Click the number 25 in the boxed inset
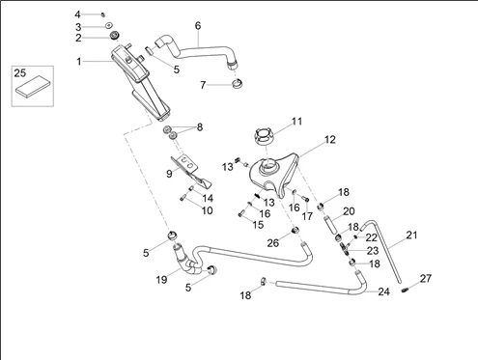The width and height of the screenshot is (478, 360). coord(19,73)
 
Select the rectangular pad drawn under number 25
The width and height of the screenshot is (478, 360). coord(33,86)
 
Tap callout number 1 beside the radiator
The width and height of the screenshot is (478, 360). coord(79,61)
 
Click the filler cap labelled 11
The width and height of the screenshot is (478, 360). coord(265,136)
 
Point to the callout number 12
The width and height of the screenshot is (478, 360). coord(330,139)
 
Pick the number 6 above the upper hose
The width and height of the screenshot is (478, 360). coord(198,26)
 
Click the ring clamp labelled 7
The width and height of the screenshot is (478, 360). coord(237,84)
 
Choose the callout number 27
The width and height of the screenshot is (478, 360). coord(426,278)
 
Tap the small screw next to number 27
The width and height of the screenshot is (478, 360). coord(405,291)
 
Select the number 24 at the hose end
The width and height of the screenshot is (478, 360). coord(383,291)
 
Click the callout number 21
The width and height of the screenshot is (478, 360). coord(411,235)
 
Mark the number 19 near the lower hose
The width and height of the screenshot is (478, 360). coord(161,280)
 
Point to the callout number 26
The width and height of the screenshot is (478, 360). coord(272,243)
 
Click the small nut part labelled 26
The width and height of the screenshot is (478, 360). coord(295,231)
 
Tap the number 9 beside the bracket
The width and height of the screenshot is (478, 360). coord(169,174)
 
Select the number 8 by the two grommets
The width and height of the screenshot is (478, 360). coord(200,127)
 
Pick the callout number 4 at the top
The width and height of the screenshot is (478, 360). coord(77,14)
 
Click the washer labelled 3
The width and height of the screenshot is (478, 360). coord(109,25)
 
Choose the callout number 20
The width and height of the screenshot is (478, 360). coord(349,211)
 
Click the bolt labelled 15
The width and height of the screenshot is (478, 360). coord(241,213)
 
